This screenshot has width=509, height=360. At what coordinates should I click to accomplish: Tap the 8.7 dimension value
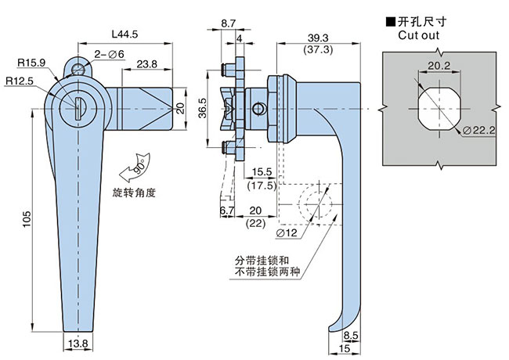(229, 25)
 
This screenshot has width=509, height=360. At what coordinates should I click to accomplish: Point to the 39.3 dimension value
(318, 37)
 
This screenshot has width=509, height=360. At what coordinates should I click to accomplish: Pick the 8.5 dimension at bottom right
(349, 334)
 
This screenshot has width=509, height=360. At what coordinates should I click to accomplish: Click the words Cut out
(418, 36)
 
